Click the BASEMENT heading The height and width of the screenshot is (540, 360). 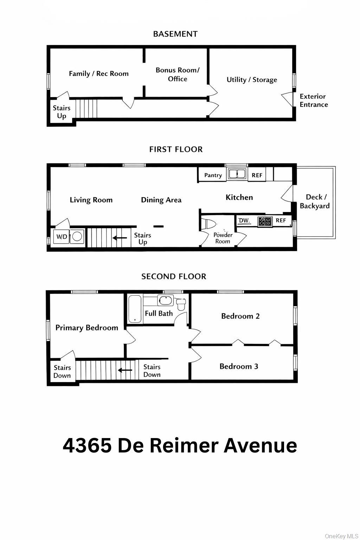tap(175, 34)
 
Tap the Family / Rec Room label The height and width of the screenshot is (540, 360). tap(98, 73)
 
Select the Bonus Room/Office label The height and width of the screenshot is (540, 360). tap(177, 75)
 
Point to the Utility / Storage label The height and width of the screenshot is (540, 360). tap(252, 80)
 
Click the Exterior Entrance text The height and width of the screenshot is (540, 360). tap(314, 101)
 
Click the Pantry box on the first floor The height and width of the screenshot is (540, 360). tap(213, 175)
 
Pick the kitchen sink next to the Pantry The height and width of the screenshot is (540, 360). tap(237, 174)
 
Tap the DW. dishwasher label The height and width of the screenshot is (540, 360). tap(244, 221)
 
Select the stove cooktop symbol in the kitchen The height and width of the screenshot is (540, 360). tap(265, 221)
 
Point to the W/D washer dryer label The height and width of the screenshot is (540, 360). tap(62, 237)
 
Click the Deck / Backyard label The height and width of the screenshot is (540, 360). tap(314, 201)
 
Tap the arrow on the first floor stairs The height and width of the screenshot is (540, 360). tap(120, 238)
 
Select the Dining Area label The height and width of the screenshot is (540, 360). tap(161, 200)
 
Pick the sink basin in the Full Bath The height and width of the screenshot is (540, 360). tap(164, 301)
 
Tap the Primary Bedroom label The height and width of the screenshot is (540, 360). tap(86, 328)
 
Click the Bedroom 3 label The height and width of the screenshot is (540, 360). tap(239, 366)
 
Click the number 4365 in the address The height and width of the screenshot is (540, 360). tap(87, 445)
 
